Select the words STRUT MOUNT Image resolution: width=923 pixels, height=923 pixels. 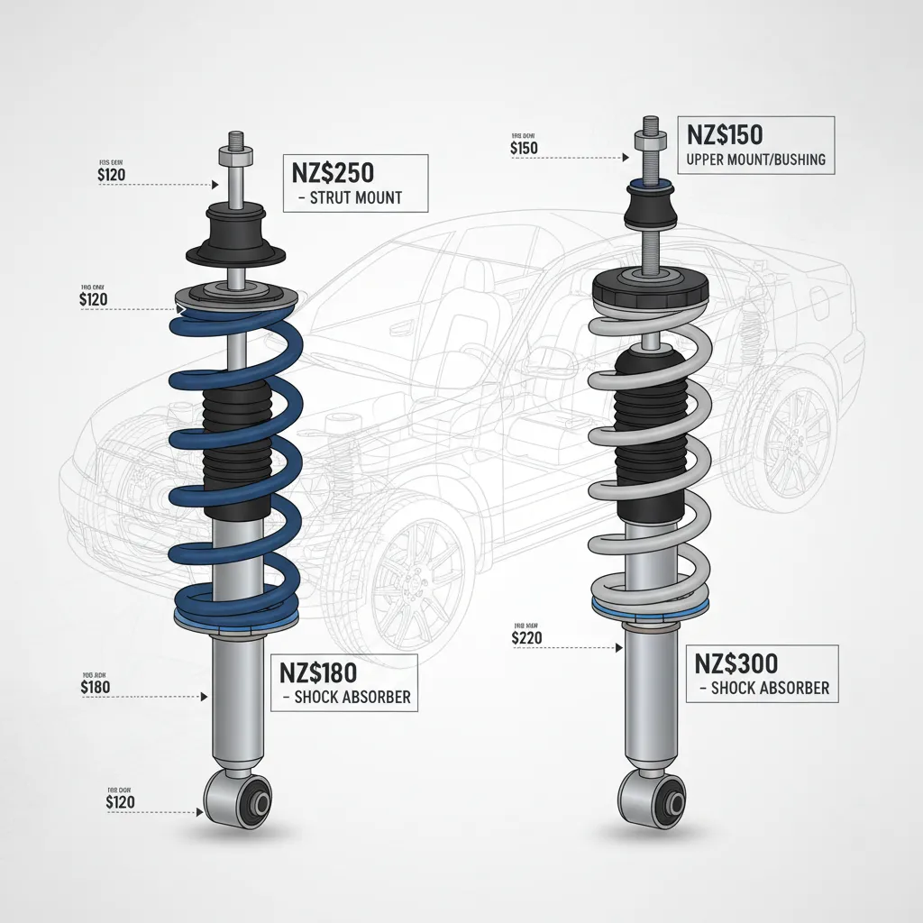pos(355,197)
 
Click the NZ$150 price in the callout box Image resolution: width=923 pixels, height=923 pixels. pos(725,135)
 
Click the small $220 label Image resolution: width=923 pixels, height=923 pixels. pos(525,638)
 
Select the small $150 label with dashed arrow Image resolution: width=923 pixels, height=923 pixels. pos(524,148)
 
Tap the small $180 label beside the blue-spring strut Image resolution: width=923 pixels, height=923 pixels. pos(96,686)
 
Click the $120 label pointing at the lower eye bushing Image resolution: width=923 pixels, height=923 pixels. pos(120,801)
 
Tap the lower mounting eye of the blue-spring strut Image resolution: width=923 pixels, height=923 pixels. pos(238,800)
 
